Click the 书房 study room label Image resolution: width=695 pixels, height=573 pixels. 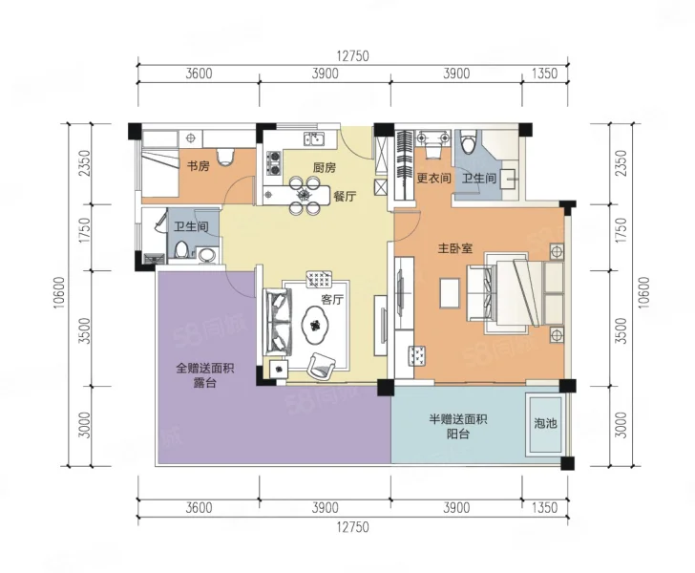tap(198, 166)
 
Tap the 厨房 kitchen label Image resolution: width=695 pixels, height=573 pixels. tap(325, 168)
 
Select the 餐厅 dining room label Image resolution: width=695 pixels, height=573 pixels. tap(345, 196)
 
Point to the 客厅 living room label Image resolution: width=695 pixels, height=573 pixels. tap(332, 299)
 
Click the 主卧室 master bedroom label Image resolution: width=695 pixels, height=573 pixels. tap(455, 248)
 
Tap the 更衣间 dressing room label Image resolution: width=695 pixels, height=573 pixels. tap(433, 179)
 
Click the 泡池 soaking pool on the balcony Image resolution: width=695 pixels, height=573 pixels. tap(545, 424)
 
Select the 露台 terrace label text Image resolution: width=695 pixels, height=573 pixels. tap(204, 383)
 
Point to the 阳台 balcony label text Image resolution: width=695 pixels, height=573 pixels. tap(458, 434)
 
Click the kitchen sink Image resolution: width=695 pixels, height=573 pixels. tap(314, 138)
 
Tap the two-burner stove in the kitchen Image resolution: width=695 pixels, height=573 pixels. tap(274, 162)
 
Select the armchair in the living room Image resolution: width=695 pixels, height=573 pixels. tap(322, 366)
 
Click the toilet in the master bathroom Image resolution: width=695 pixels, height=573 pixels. tap(468, 142)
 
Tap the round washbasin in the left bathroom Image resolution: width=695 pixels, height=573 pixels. tap(206, 255)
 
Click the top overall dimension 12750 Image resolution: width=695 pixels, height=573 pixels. tap(353, 56)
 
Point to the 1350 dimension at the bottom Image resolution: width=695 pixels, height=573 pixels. tap(544, 507)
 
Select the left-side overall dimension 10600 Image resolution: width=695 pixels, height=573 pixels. tap(60, 293)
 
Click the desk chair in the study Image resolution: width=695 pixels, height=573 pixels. tap(225, 157)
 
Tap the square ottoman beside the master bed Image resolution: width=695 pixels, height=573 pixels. tap(451, 293)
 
